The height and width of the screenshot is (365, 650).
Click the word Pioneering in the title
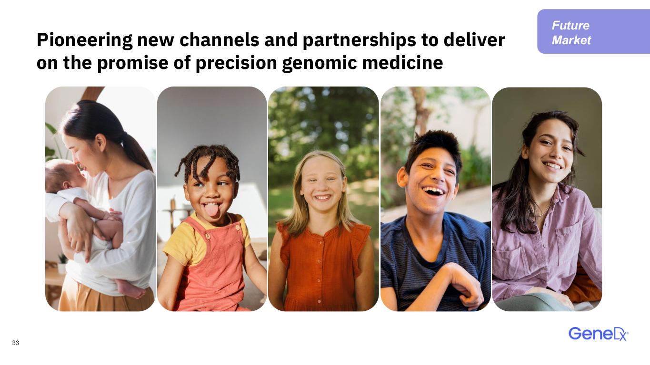[84, 40]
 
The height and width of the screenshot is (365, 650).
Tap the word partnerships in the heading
[359, 40]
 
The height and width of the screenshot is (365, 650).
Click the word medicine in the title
[402, 62]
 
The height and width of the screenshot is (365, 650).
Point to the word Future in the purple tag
[570, 26]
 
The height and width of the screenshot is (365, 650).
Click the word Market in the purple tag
[571, 40]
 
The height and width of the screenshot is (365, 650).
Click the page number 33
[16, 343]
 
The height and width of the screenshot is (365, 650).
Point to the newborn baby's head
[62, 175]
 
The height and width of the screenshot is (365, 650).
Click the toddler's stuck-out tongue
[212, 210]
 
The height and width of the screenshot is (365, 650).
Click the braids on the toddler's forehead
[208, 162]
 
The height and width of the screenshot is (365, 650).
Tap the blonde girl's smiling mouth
[322, 198]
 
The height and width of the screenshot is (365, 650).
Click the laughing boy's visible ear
[402, 177]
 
